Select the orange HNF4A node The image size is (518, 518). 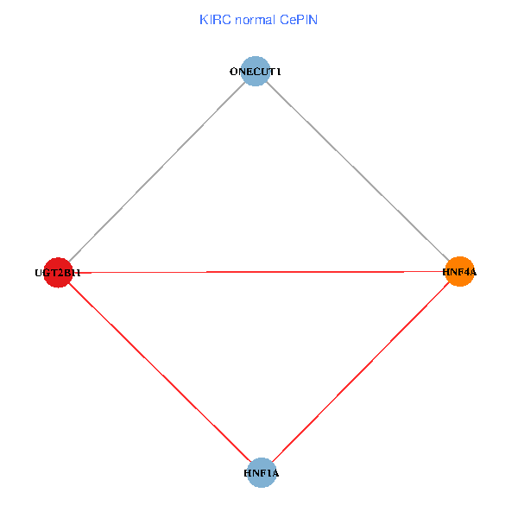pos(460,271)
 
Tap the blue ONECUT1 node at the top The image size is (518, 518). pos(256,72)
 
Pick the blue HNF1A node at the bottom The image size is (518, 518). pos(261,473)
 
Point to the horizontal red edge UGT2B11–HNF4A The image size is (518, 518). pos(259,272)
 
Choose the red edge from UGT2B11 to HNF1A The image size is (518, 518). pos(159,372)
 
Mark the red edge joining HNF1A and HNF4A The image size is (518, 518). pos(361,372)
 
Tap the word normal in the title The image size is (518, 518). pos(253,20)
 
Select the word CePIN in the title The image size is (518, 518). pos(298,20)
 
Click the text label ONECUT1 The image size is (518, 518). pos(256,72)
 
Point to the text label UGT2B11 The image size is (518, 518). pos(57,273)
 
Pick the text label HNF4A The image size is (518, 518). pos(459,272)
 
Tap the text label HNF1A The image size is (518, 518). pos(261,473)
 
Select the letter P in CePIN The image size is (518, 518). pos(298,20)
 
